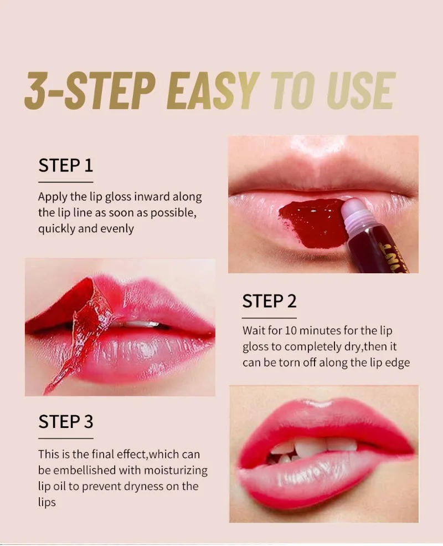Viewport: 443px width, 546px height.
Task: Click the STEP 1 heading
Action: (65, 165)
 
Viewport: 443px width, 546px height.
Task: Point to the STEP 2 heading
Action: (270, 302)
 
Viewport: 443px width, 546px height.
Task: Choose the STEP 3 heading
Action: (65, 422)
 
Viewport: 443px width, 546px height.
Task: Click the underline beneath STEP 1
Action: (65, 182)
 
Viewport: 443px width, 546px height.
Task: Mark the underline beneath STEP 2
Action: (270, 318)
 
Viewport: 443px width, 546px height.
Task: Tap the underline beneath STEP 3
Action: (65, 438)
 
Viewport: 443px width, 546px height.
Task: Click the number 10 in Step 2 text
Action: (291, 330)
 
